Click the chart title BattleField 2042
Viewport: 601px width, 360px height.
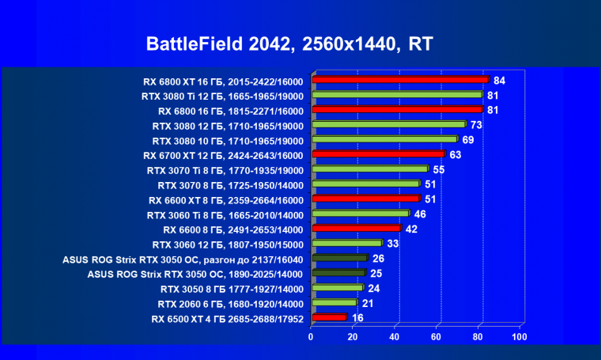pos(289,44)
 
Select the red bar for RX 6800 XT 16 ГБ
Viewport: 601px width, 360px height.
pos(401,80)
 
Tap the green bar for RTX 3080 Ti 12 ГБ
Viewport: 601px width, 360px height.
pos(397,95)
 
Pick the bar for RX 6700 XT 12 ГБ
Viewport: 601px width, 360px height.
pos(379,154)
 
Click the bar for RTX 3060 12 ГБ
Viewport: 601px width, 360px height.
pos(347,243)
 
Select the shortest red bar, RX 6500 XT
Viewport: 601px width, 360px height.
pos(330,317)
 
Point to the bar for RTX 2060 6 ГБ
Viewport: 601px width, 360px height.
pos(335,303)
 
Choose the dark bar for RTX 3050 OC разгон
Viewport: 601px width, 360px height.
pos(340,258)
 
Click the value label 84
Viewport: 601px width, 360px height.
pos(499,80)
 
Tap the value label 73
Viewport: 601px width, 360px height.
pos(476,124)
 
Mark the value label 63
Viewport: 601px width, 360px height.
pos(455,154)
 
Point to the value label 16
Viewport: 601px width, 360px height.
pos(358,318)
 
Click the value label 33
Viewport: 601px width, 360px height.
pos(393,244)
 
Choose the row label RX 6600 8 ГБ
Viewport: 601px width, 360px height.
pos(225,229)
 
